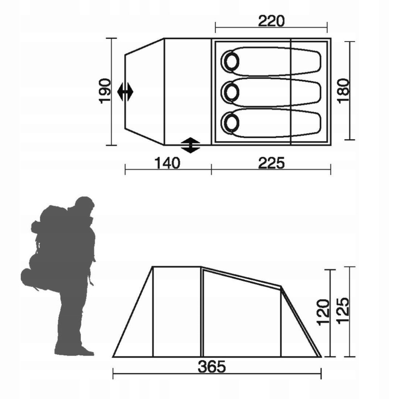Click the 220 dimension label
click(x=272, y=21)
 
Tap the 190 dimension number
click(x=105, y=91)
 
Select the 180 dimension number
click(x=344, y=91)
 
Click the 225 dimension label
click(x=272, y=163)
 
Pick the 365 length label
click(x=211, y=367)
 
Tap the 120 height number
click(x=323, y=312)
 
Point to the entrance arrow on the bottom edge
click(x=191, y=145)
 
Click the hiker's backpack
click(x=52, y=236)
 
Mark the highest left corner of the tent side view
click(x=153, y=266)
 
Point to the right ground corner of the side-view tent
click(x=321, y=357)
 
